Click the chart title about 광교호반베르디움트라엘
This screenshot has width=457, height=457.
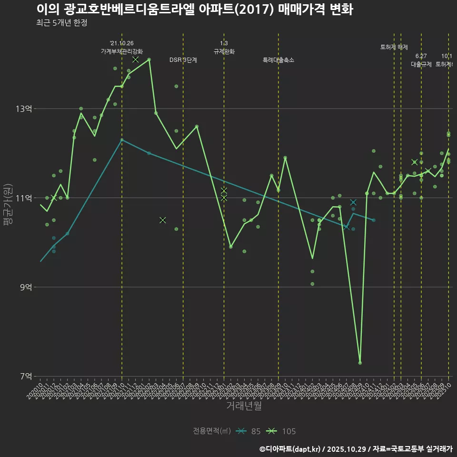(x=194, y=10)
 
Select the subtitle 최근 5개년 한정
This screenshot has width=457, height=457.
(x=61, y=23)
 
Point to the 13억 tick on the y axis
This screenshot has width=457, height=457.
(x=24, y=109)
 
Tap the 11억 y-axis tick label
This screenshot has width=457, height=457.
(x=24, y=198)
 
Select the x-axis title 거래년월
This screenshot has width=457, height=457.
(x=244, y=406)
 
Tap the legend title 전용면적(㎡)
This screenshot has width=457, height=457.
(x=212, y=431)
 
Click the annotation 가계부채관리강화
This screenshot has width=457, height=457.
(x=122, y=51)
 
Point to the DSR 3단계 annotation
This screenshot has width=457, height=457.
(x=183, y=60)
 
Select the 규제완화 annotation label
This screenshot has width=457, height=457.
(x=224, y=51)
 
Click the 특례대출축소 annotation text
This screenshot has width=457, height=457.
(x=278, y=60)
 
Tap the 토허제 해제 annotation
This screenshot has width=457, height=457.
(x=394, y=47)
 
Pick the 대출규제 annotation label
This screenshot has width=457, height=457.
(x=421, y=64)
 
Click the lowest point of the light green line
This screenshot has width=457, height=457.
(x=360, y=363)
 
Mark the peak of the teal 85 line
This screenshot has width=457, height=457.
(x=122, y=139)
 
